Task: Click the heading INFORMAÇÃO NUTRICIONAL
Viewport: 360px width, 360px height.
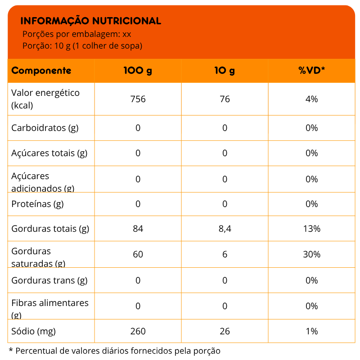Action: [91, 21]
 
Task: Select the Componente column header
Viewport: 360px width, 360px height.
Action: [41, 71]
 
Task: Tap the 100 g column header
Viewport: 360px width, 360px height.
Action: [138, 71]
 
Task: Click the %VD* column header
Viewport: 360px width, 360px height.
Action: [311, 71]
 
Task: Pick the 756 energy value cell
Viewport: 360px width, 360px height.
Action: [138, 99]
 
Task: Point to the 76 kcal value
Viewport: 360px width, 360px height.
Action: [225, 99]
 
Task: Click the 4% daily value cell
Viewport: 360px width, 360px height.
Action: [311, 99]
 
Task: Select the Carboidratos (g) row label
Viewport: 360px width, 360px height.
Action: [45, 128]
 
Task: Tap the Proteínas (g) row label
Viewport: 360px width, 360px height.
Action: [37, 204]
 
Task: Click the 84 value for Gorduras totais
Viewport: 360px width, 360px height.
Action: [138, 229]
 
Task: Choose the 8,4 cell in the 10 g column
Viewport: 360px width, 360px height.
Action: [225, 229]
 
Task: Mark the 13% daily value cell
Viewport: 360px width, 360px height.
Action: [311, 229]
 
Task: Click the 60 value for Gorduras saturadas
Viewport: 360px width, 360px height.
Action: [138, 254]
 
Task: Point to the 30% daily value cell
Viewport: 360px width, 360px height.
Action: [311, 254]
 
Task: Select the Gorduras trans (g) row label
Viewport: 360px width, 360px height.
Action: [49, 280]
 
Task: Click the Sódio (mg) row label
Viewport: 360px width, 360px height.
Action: [33, 331]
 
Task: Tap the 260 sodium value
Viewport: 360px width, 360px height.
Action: [138, 331]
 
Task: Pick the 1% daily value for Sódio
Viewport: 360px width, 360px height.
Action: [311, 331]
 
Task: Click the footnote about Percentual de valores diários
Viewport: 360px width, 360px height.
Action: [115, 351]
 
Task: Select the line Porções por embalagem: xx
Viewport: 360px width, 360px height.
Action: [76, 34]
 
